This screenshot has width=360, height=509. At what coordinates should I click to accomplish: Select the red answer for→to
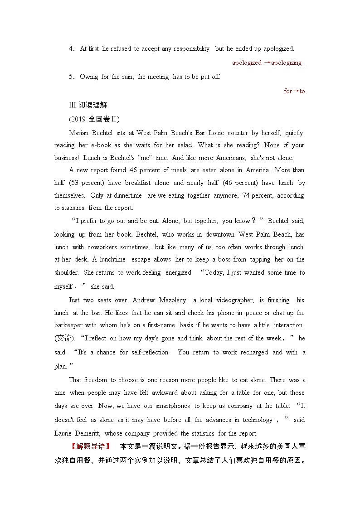[x=294, y=92]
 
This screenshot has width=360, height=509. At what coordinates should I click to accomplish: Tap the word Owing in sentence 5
[x=89, y=77]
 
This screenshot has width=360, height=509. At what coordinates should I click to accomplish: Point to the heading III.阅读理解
[x=88, y=105]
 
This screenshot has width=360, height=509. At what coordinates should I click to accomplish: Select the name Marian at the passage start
[x=79, y=133]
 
